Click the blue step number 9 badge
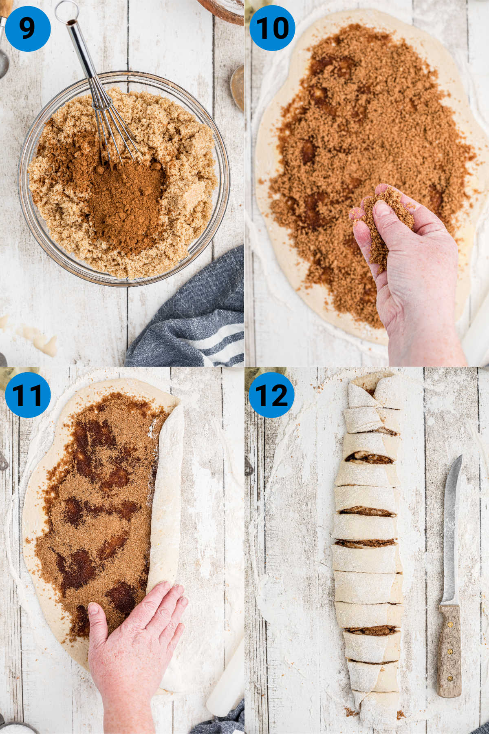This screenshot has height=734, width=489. [27, 28]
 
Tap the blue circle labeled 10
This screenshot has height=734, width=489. [272, 28]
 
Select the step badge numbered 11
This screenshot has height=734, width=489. [27, 395]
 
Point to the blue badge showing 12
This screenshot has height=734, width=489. [272, 395]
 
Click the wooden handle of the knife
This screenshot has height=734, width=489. [449, 650]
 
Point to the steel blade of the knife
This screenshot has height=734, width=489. [452, 530]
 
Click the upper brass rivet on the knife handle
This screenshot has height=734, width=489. [451, 624]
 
